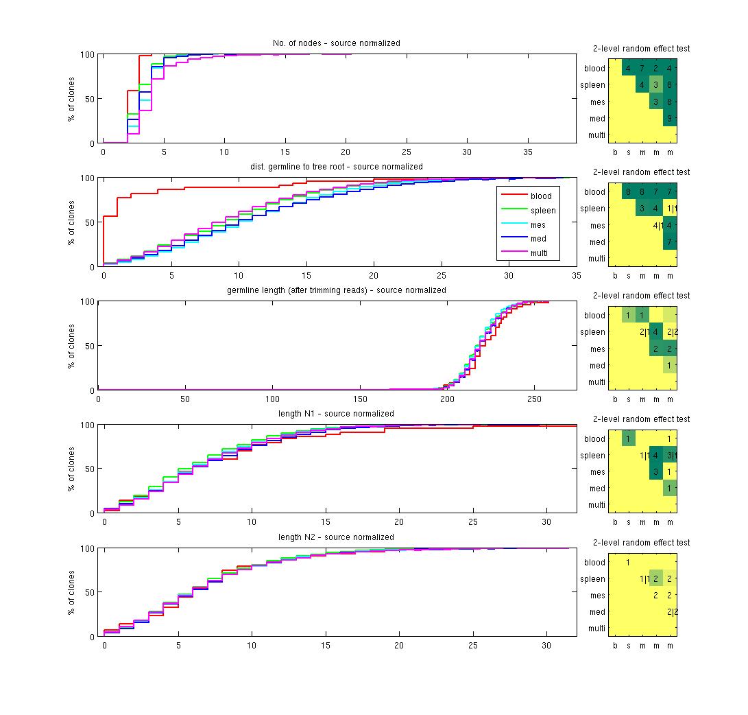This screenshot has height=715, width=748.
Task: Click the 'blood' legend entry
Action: coord(540,196)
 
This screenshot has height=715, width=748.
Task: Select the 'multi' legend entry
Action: coord(540,254)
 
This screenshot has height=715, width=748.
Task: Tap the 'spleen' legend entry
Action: coord(543,211)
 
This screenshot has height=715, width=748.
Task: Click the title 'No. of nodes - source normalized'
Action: coord(336,43)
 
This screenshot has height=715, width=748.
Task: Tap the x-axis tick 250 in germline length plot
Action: coord(534,399)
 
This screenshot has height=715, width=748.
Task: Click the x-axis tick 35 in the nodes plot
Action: coord(527,152)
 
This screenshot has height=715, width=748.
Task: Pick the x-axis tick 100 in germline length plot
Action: coord(273,399)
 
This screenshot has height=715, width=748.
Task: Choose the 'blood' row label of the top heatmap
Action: coord(594,69)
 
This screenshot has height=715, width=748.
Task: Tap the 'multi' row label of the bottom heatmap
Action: coord(596,629)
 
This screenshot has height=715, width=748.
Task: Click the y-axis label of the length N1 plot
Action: coord(71,469)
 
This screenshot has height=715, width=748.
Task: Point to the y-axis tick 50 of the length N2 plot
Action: coord(88,592)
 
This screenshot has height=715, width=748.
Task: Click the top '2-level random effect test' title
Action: coord(641,49)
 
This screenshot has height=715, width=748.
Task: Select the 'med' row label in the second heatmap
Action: coord(597,242)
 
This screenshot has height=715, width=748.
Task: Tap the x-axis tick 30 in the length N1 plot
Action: coord(546,522)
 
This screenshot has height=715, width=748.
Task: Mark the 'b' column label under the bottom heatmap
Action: coord(615,646)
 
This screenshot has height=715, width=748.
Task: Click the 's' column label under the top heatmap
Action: coord(629,152)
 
